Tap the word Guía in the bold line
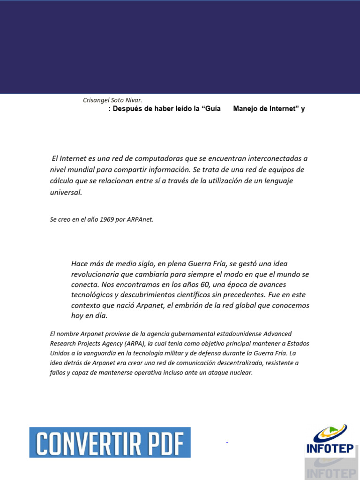click(x=212, y=109)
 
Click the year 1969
click(x=107, y=219)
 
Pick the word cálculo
click(x=62, y=181)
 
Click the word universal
click(x=66, y=192)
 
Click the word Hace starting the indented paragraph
click(x=80, y=263)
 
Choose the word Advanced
click(x=277, y=334)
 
